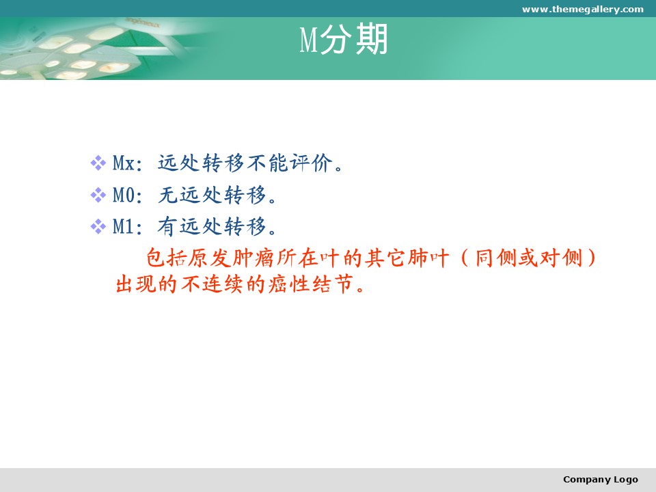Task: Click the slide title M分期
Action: click(344, 40)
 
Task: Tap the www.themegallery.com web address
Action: click(582, 9)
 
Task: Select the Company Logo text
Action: click(601, 480)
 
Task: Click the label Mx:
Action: click(128, 163)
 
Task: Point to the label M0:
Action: click(128, 195)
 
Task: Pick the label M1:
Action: click(128, 227)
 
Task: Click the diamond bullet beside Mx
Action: click(98, 163)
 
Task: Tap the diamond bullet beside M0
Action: click(98, 195)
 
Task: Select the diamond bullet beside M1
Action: click(98, 227)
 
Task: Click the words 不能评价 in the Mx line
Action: click(290, 163)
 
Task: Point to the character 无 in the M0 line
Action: click(167, 195)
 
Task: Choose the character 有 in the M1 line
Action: click(167, 227)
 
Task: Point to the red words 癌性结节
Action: click(310, 284)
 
